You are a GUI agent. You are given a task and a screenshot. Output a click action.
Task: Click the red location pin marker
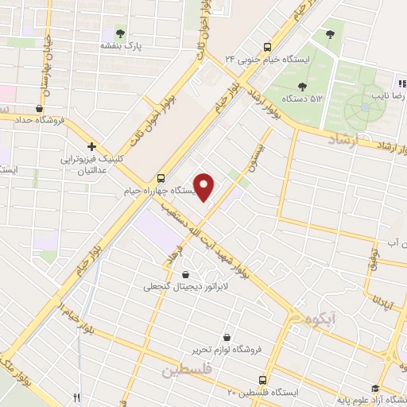pos(205,186)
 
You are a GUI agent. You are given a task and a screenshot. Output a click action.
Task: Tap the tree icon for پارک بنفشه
pos(120,33)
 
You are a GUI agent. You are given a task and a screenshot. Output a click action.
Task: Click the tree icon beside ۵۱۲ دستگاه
pos(301,86)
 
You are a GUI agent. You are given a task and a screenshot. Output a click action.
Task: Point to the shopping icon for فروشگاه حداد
pos(38,108)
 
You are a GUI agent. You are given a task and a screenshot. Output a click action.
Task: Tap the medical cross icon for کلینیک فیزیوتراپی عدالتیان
pos(92,146)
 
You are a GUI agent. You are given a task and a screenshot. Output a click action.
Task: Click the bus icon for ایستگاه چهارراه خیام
pos(161,178)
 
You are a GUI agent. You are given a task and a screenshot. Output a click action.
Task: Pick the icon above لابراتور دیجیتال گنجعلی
pos(186,274)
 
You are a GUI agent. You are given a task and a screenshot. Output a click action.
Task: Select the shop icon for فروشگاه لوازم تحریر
pos(228,337)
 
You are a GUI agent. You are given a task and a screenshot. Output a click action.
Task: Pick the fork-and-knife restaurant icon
pos(77,397)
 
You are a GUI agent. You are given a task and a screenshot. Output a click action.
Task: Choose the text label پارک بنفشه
pos(119,47)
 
